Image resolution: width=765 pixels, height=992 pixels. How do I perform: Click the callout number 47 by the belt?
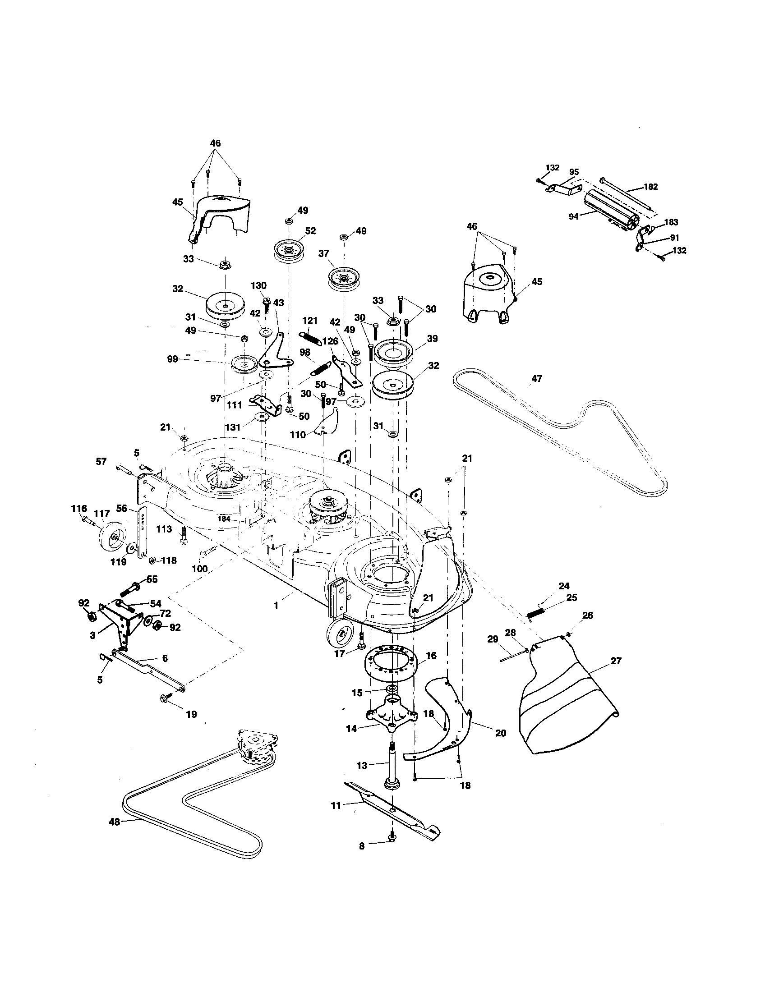click(x=536, y=379)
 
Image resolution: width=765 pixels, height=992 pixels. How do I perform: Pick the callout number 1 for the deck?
click(x=276, y=606)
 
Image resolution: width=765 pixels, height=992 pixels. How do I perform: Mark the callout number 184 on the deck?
click(x=224, y=519)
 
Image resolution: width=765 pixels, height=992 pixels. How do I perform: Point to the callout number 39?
click(x=432, y=338)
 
